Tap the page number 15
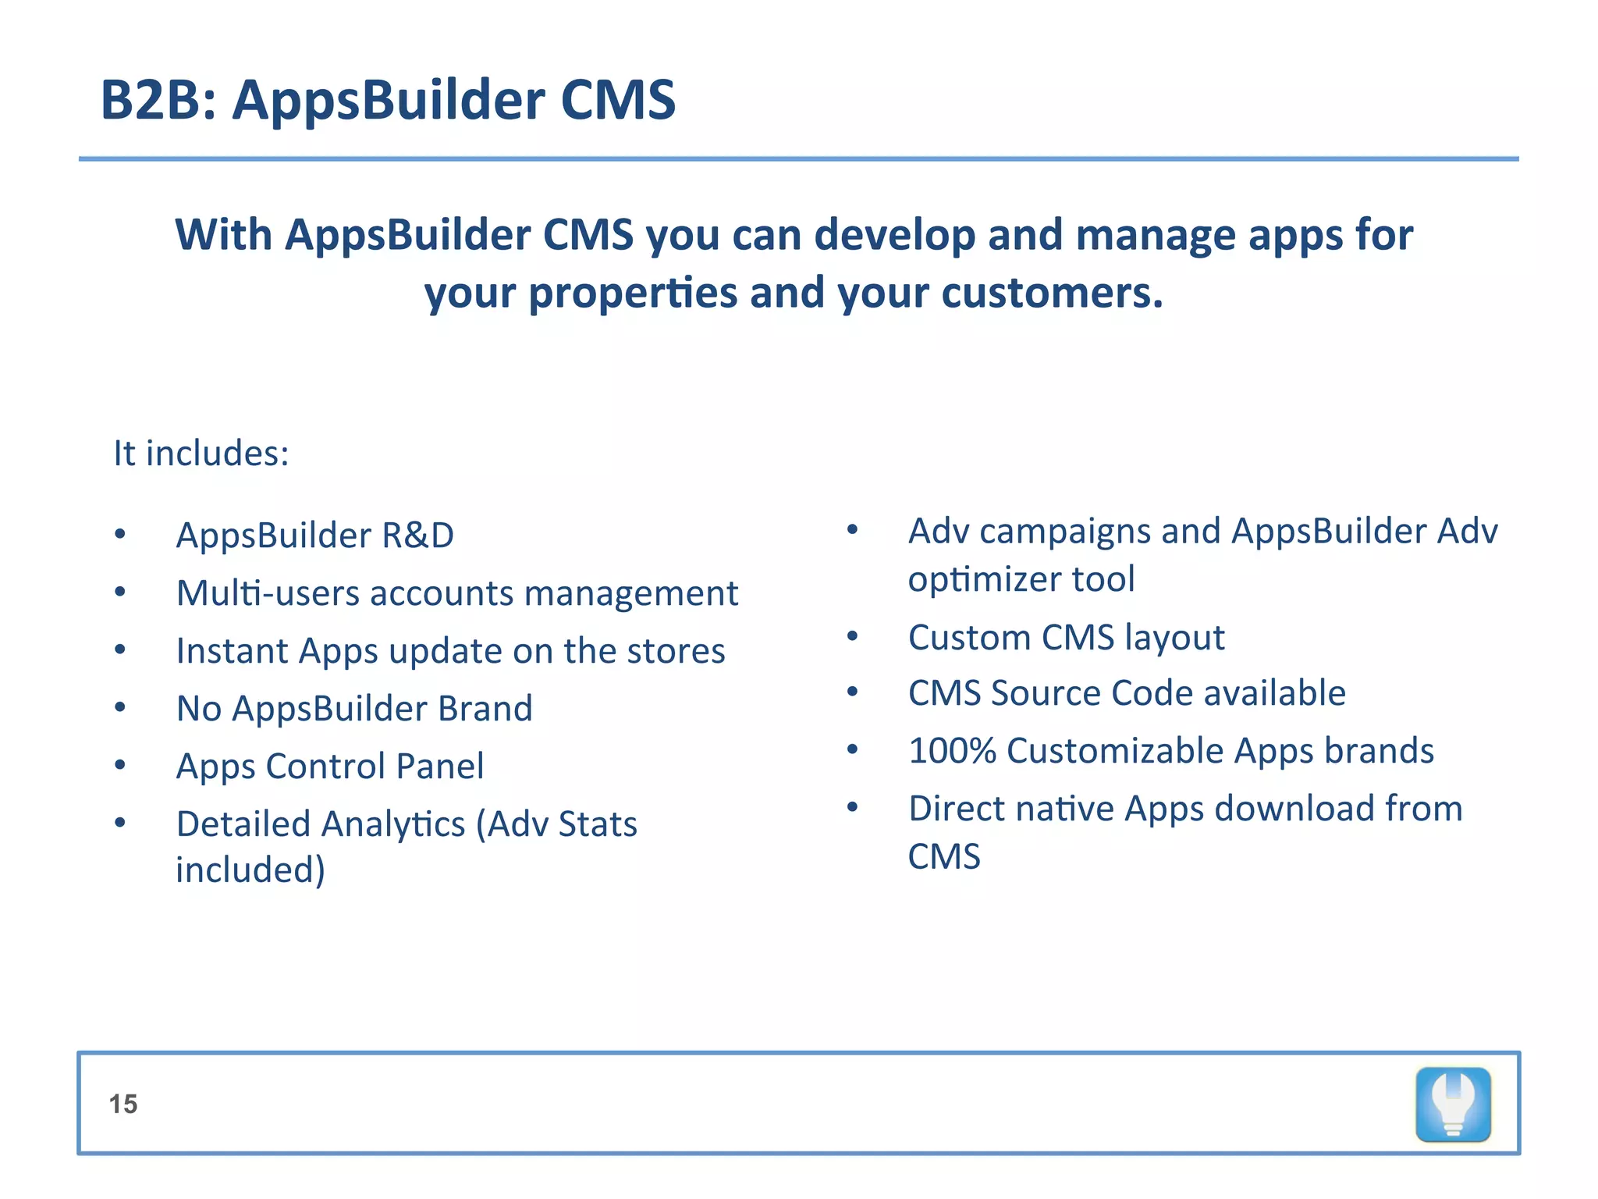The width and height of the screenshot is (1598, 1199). [x=123, y=1104]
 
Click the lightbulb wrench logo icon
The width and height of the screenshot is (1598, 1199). [x=1453, y=1105]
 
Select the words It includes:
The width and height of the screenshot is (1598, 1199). [x=201, y=454]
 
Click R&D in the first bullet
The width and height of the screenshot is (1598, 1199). [x=417, y=535]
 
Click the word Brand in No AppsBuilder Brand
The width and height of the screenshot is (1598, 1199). [x=485, y=709]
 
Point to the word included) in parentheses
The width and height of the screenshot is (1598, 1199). [x=250, y=870]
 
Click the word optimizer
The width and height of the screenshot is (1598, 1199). [x=984, y=580]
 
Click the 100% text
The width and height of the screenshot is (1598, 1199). [x=952, y=751]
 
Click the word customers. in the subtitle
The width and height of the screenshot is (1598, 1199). [x=1052, y=294]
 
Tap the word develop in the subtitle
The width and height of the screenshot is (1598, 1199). [x=894, y=236]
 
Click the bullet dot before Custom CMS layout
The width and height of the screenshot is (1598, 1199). [x=853, y=637]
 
